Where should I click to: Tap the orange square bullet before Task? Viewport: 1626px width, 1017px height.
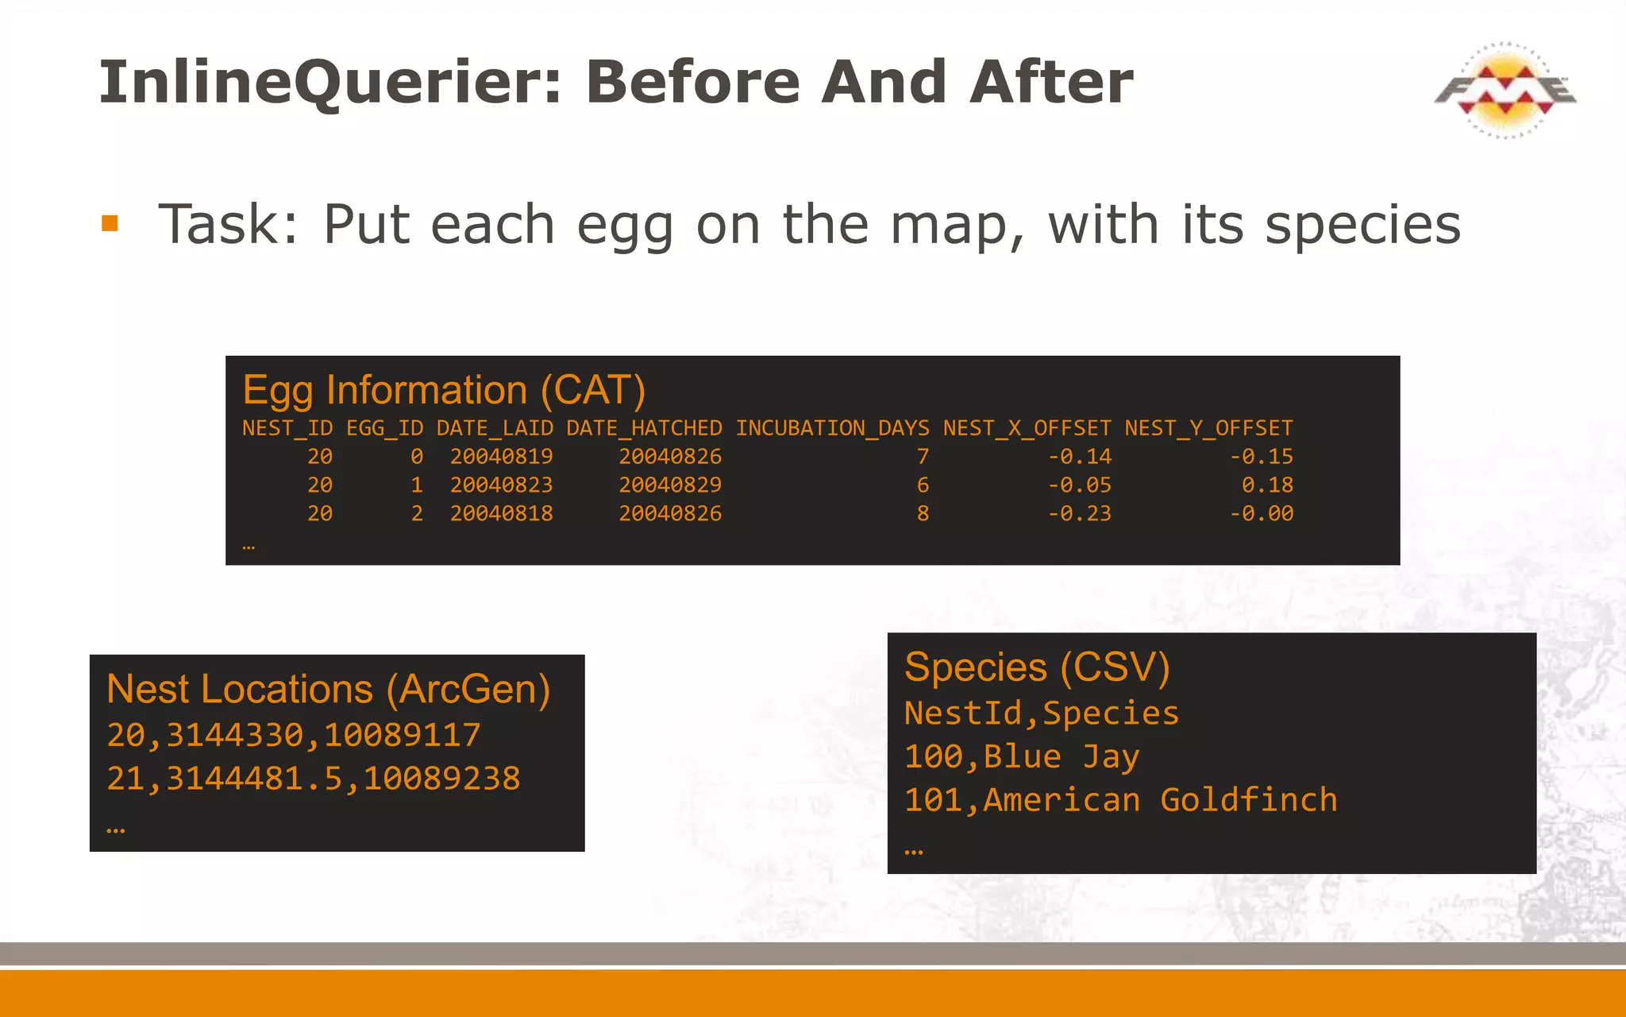[110, 223]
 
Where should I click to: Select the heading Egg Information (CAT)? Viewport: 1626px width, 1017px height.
[444, 390]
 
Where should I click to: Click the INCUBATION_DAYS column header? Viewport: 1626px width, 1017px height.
[832, 428]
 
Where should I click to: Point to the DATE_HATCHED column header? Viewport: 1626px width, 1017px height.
[644, 428]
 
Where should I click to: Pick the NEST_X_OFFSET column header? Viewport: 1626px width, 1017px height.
[1027, 428]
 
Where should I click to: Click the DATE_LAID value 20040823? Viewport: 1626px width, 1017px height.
[501, 485]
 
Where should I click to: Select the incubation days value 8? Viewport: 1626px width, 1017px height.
[923, 513]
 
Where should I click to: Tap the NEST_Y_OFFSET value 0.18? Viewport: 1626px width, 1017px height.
[1267, 485]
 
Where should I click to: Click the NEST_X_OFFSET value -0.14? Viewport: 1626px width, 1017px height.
[1080, 457]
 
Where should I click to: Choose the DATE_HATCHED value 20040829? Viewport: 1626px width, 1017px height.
[670, 485]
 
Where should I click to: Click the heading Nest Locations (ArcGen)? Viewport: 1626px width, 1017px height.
[328, 689]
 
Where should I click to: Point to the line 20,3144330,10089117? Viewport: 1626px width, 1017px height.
[294, 735]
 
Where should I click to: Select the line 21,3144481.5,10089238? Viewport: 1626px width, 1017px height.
[314, 779]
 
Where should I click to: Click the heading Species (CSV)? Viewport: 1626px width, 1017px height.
[1037, 667]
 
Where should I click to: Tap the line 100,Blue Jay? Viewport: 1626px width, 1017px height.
[1022, 756]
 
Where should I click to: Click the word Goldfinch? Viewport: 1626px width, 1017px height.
[1249, 799]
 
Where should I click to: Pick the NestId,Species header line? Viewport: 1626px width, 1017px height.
[1042, 713]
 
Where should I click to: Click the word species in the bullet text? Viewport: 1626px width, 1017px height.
[1362, 225]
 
